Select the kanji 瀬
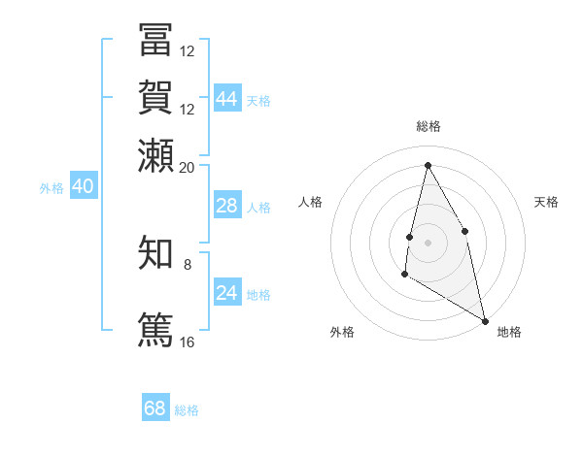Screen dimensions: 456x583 155,155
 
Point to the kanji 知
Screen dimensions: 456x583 155,252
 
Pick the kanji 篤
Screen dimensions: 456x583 155,328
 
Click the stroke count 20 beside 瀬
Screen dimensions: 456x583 188,167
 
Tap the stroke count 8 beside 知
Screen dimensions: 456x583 188,264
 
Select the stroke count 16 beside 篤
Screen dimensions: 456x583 188,342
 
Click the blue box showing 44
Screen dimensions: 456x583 226,99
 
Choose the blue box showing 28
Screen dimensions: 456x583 226,206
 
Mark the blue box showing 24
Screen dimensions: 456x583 226,293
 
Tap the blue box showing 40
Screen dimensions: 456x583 83,186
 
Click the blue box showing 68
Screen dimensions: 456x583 155,408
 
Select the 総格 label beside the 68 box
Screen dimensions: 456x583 187,410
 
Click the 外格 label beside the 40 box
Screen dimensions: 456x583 51,188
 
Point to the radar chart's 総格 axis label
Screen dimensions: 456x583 428,126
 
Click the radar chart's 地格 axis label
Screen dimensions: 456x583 509,332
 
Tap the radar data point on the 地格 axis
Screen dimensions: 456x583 485,321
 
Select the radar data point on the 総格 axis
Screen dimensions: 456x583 428,165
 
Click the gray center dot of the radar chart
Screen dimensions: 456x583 428,242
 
